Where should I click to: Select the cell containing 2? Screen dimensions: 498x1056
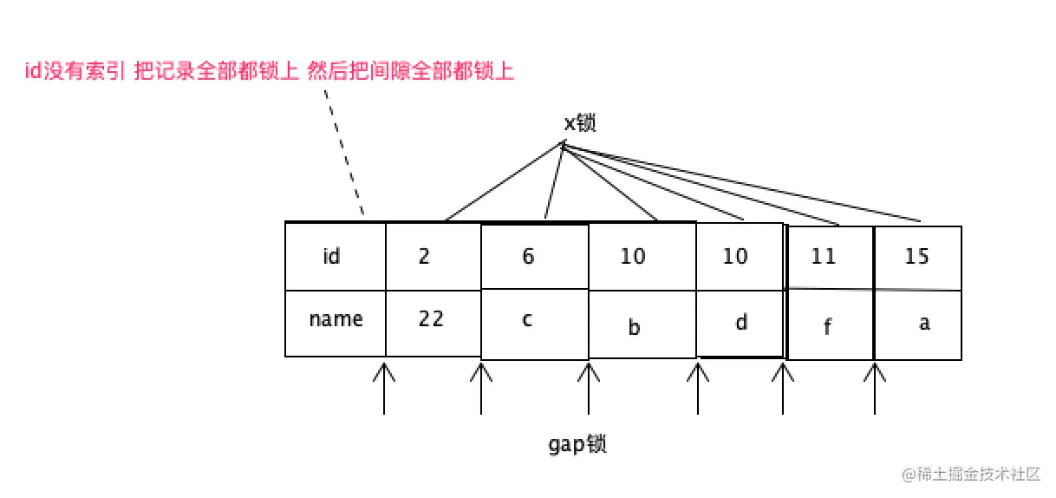tap(432, 257)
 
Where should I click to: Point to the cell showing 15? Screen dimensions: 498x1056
tap(917, 257)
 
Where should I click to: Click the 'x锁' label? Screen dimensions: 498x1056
tap(580, 123)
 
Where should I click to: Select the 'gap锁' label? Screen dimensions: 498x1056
tap(577, 444)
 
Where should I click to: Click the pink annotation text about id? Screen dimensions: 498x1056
tap(270, 71)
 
